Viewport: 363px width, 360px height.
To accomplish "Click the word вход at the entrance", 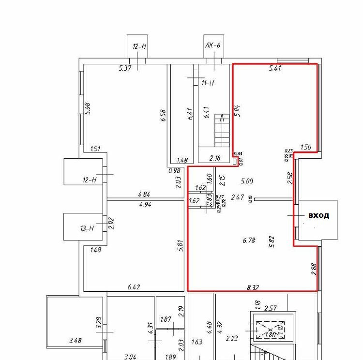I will (x=319, y=215).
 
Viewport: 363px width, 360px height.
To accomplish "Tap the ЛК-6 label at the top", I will (x=213, y=46).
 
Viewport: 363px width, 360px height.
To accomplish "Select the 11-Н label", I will (x=207, y=83).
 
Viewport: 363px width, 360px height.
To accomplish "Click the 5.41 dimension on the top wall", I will (x=275, y=69).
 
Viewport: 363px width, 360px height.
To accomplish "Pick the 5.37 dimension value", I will (x=125, y=68).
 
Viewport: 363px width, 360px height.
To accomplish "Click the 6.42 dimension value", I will (x=134, y=287).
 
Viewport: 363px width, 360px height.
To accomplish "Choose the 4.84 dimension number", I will (x=145, y=195).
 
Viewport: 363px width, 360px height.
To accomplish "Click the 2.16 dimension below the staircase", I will (x=214, y=158).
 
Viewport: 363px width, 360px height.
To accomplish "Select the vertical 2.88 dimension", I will (x=313, y=269).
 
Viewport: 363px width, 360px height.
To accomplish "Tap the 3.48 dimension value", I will (x=75, y=341).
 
